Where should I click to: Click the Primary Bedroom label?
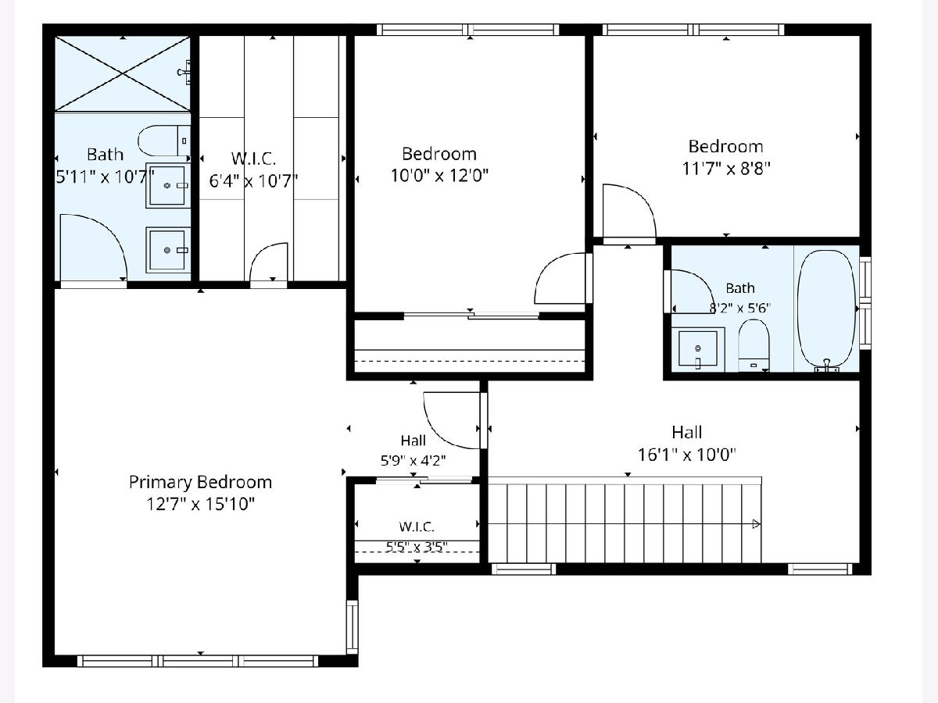[x=200, y=482]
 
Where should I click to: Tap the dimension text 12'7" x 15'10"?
[x=200, y=504]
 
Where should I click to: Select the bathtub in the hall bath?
[x=827, y=310]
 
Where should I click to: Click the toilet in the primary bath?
[x=164, y=141]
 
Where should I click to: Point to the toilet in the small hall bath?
[x=754, y=345]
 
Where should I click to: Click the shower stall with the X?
[x=123, y=74]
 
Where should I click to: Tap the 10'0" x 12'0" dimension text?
[x=439, y=175]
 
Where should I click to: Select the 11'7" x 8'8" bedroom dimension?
[x=725, y=169]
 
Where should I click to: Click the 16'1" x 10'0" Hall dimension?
[x=687, y=455]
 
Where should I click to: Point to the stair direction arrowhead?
[x=757, y=523]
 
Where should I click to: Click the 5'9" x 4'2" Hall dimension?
[x=414, y=461]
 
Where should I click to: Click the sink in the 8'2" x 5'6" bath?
[x=698, y=349]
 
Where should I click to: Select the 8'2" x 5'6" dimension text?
[x=739, y=308]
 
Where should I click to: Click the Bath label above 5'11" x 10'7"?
[x=105, y=154]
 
